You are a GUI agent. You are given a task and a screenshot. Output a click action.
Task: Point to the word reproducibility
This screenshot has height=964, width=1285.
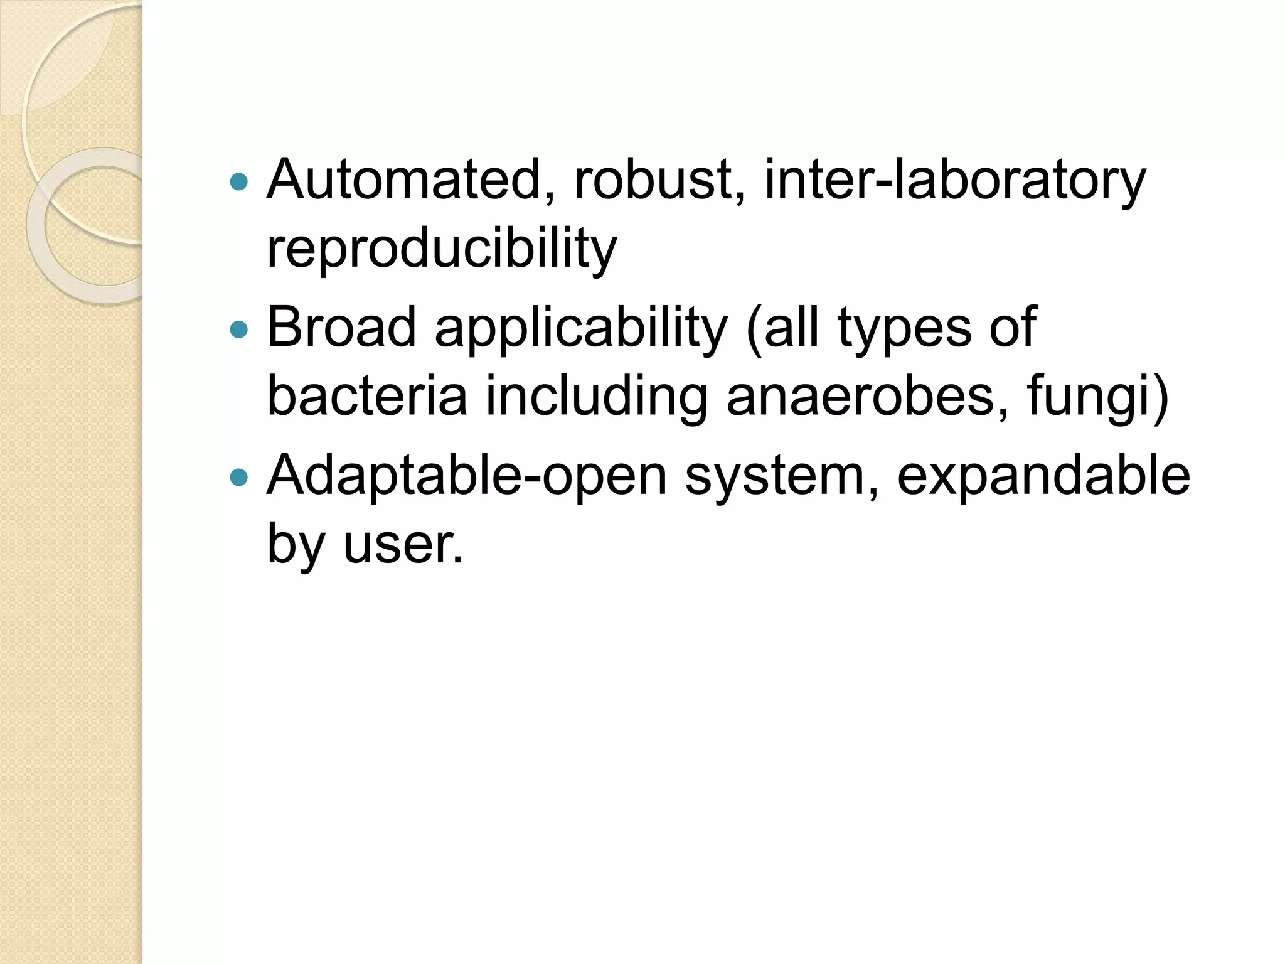pyautogui.click(x=442, y=250)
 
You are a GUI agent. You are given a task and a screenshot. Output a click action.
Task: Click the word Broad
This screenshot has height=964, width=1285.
pyautogui.click(x=342, y=327)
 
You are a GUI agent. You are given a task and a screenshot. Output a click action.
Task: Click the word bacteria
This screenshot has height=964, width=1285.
pyautogui.click(x=367, y=396)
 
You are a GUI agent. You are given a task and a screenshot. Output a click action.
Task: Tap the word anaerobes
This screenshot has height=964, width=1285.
pyautogui.click(x=868, y=396)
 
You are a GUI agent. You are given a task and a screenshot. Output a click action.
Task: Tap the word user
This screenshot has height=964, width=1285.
pyautogui.click(x=403, y=544)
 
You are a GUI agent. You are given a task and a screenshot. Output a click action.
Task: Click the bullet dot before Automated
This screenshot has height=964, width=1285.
pyautogui.click(x=239, y=182)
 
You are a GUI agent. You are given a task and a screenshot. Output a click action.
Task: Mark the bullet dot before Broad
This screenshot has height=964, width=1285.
pyautogui.click(x=239, y=329)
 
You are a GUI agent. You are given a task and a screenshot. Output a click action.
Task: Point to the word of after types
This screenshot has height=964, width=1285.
pyautogui.click(x=1012, y=327)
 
